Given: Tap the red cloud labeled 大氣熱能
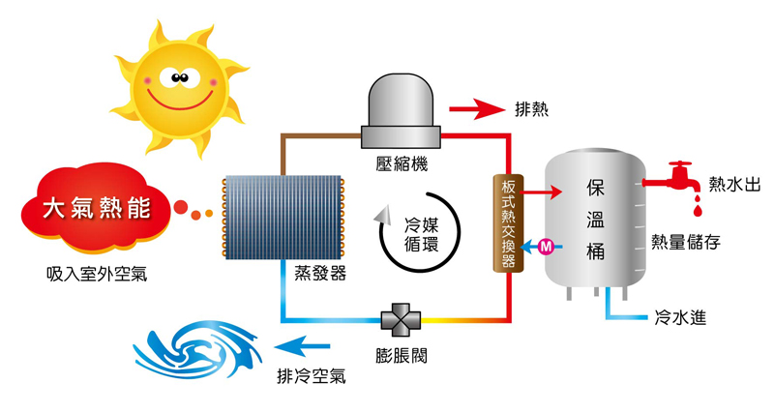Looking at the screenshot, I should pyautogui.click(x=92, y=206).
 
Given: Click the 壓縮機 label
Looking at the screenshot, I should pyautogui.click(x=402, y=162).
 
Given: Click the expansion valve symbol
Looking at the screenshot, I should pyautogui.click(x=398, y=319).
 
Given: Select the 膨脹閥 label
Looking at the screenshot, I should pyautogui.click(x=399, y=356).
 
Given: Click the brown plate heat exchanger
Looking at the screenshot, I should pyautogui.click(x=505, y=222).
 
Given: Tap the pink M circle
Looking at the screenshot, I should pyautogui.click(x=545, y=248).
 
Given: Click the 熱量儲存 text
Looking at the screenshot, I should pyautogui.click(x=686, y=241).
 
